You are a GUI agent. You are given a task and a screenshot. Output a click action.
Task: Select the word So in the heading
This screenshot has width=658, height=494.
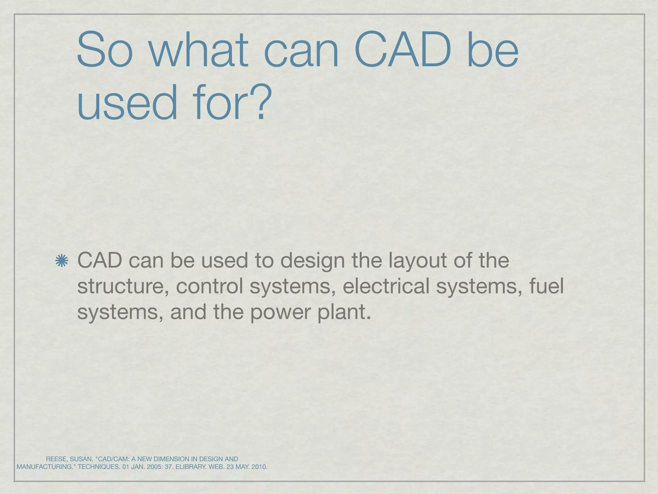105,50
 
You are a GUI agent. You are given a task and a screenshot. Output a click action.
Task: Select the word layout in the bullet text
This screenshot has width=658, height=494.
417,261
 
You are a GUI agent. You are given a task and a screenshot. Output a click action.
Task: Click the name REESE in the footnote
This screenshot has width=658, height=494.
56,459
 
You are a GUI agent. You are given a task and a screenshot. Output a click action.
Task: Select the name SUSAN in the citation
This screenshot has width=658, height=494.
81,459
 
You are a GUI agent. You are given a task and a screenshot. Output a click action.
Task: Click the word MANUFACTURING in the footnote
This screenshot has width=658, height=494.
45,467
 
